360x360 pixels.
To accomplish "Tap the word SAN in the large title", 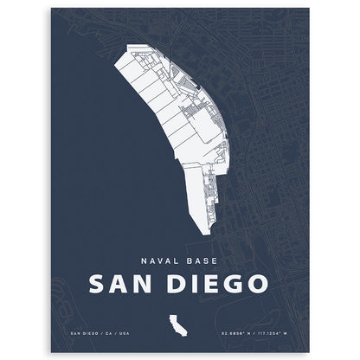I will coord(120,283).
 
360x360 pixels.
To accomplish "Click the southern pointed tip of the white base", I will coord(205,235).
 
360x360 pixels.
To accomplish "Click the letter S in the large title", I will coord(97,283).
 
